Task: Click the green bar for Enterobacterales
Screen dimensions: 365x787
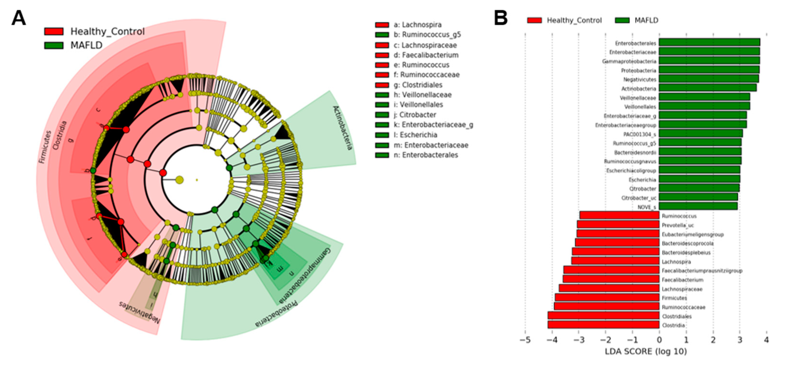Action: point(709,42)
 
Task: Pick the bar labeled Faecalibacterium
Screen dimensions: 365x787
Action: point(611,279)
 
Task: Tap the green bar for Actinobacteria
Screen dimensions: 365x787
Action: point(707,88)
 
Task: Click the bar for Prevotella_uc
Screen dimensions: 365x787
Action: point(618,225)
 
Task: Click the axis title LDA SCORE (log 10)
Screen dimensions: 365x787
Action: point(646,352)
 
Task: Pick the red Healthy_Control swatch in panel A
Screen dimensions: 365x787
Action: point(54,32)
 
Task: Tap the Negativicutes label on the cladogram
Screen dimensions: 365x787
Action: point(139,313)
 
